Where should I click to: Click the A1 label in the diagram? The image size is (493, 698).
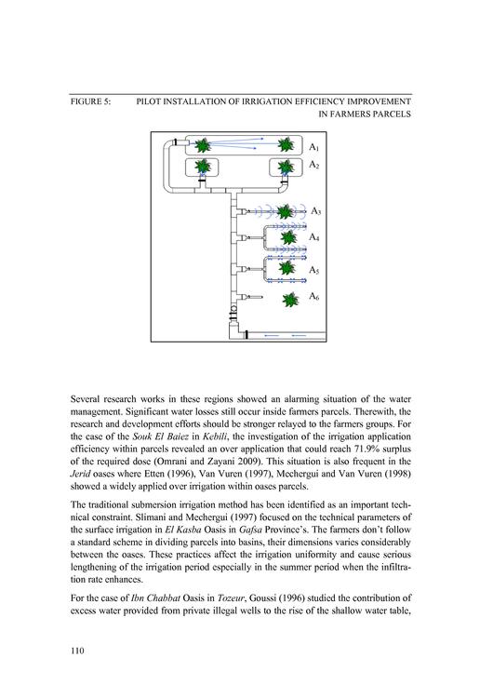(x=313, y=147)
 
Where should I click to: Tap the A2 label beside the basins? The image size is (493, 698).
(x=313, y=165)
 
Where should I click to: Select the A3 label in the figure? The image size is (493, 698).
(x=315, y=211)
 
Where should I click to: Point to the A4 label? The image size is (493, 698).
(x=314, y=237)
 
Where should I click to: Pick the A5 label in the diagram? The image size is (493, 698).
(x=314, y=270)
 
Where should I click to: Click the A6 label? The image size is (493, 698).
(x=314, y=297)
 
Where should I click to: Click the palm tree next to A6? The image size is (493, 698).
(x=290, y=300)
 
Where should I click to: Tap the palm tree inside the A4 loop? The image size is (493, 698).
(x=288, y=237)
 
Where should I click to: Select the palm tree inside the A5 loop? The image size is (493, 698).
(x=287, y=268)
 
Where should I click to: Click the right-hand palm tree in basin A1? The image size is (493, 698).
(x=286, y=144)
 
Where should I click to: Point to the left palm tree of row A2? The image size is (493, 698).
(x=203, y=167)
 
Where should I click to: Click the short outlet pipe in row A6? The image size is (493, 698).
(x=255, y=297)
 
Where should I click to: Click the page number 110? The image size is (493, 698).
(x=77, y=651)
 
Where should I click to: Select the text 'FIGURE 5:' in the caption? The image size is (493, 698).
(x=90, y=101)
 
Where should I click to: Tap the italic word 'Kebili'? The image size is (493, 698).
(x=214, y=436)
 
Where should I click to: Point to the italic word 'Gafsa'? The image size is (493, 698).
(x=250, y=530)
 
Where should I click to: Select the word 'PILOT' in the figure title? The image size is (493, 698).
(x=148, y=101)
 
